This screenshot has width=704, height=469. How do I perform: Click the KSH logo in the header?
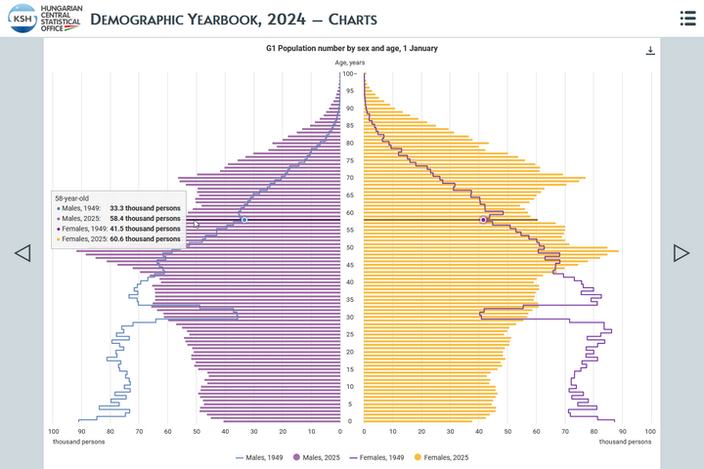pos(23,19)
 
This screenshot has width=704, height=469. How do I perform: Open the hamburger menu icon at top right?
pos(687,19)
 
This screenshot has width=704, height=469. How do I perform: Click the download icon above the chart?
pos(650,51)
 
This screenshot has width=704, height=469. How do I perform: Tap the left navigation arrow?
pos(22,253)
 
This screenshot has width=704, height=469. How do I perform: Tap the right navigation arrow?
pos(682,253)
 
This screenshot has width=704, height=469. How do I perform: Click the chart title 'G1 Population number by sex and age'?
pos(352,48)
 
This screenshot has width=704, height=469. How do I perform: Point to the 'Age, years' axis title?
pos(350,63)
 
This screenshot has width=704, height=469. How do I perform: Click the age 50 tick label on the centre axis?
pos(350,247)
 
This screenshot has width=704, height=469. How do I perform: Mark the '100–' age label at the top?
pos(349,73)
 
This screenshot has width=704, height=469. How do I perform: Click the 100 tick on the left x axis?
pos(54,430)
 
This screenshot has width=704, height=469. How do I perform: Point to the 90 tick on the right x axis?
pos(622,430)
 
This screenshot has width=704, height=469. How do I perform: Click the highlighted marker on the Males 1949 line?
pos(244,220)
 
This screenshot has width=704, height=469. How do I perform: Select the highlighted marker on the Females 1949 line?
pos(483,220)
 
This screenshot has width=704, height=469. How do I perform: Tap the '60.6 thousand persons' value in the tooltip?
pos(145,238)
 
